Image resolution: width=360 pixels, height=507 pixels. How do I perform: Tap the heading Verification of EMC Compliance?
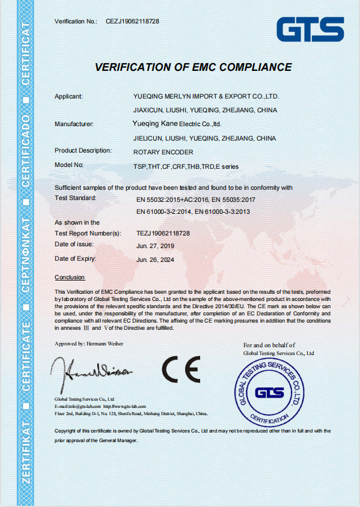[x=189, y=66]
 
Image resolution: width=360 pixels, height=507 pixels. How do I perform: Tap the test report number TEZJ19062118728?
[x=163, y=232]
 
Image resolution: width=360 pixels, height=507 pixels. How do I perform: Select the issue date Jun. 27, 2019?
[x=154, y=246]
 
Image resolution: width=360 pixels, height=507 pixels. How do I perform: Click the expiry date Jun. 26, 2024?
[x=154, y=260]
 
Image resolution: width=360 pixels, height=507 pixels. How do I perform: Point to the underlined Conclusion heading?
[x=70, y=277]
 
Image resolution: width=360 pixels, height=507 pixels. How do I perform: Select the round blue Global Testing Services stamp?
[x=269, y=391]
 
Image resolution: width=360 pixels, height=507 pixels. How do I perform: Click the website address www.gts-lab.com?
[x=129, y=406]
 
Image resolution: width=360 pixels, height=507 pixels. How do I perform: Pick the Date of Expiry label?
[x=75, y=258]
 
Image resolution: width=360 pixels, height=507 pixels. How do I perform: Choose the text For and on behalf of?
[x=269, y=345]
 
